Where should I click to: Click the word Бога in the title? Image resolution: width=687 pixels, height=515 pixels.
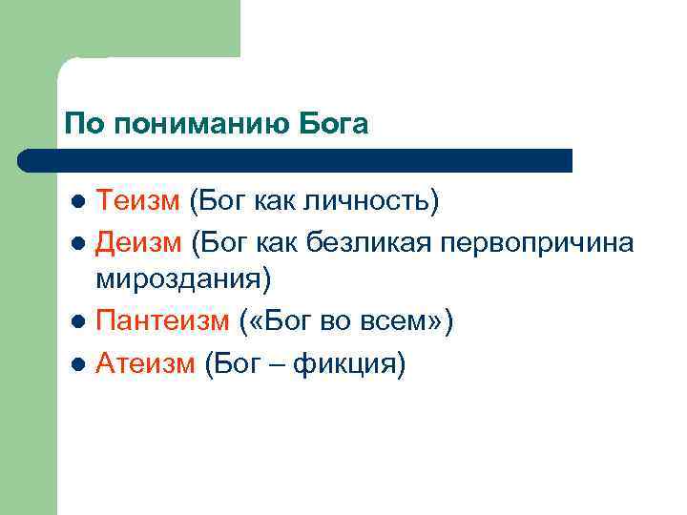(333, 124)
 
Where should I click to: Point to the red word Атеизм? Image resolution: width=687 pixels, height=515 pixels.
(145, 363)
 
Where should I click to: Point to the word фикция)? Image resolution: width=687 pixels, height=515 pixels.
(350, 363)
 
